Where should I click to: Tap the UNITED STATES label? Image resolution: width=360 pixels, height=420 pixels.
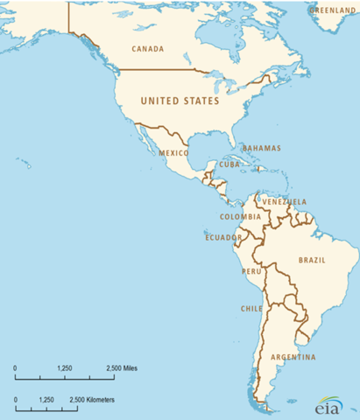180,101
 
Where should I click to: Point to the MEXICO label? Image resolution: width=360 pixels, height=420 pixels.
174,152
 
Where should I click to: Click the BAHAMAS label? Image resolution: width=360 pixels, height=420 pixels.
262,148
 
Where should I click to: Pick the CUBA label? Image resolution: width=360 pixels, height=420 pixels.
230,164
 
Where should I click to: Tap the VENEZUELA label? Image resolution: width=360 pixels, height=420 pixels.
285,201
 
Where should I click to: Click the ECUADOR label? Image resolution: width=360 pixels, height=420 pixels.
223,237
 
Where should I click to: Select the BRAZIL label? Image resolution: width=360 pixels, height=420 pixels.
313,261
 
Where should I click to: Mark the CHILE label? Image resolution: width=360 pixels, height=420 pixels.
251,309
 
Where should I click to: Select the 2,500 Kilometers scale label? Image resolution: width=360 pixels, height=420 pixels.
92,400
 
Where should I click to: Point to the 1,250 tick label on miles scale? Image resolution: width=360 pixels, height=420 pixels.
64,367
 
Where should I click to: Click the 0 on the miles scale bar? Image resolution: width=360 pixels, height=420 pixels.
16,367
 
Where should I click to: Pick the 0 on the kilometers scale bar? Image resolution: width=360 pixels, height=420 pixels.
16,400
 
